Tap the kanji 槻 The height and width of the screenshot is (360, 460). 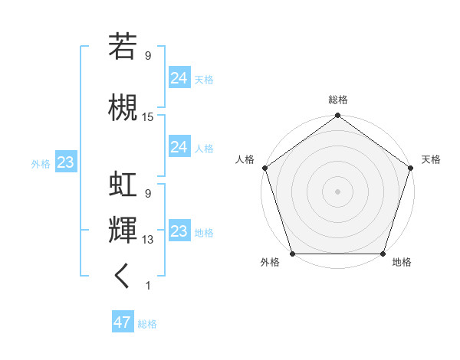pos(123,106)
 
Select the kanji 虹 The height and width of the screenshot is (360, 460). pos(123,185)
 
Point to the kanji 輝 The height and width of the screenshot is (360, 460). pos(123,231)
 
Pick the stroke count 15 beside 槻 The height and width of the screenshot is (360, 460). pos(148,117)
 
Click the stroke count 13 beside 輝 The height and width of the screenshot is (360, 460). pos(148,240)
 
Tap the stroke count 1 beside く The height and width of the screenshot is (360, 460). pos(147,286)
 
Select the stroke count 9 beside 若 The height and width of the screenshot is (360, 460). pos(147,55)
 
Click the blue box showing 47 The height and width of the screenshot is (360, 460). pos(123,322)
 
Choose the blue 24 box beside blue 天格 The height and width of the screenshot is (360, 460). pos(179,77)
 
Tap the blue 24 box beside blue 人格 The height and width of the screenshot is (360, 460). pos(179,147)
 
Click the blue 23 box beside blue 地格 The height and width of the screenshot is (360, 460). pos(179,231)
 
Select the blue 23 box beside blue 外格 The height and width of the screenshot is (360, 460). pos(65,162)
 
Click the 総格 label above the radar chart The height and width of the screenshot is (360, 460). pos(337,100)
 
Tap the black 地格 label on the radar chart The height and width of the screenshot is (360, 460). pos(402,263)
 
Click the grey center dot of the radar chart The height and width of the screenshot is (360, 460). pos(337,191)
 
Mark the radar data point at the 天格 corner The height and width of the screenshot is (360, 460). pos(410,168)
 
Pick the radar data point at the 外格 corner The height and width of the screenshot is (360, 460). pos(292,254)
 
